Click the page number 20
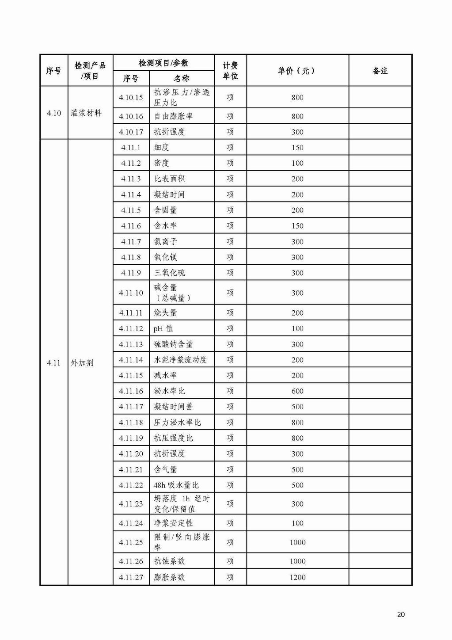pyautogui.click(x=401, y=614)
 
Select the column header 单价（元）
pyautogui.click(x=297, y=71)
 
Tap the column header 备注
pyautogui.click(x=380, y=71)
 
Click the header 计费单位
pyautogui.click(x=230, y=71)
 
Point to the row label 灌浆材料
pyautogui.click(x=86, y=113)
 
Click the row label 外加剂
pyautogui.click(x=82, y=363)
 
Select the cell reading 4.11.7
pyautogui.click(x=131, y=241)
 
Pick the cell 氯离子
pyautogui.click(x=165, y=241)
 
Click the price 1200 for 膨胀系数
pyautogui.click(x=297, y=577)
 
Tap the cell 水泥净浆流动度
pyautogui.click(x=180, y=360)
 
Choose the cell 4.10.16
pyautogui.click(x=131, y=116)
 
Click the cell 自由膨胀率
pyautogui.click(x=173, y=116)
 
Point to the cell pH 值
pyautogui.click(x=163, y=328)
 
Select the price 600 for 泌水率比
pyautogui.click(x=297, y=391)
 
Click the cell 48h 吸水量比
pyautogui.click(x=176, y=485)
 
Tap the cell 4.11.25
pyautogui.click(x=131, y=542)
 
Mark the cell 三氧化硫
pyautogui.click(x=170, y=273)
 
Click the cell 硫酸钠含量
pyautogui.click(x=173, y=344)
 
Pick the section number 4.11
pyautogui.click(x=53, y=363)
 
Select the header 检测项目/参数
pyautogui.click(x=163, y=63)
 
